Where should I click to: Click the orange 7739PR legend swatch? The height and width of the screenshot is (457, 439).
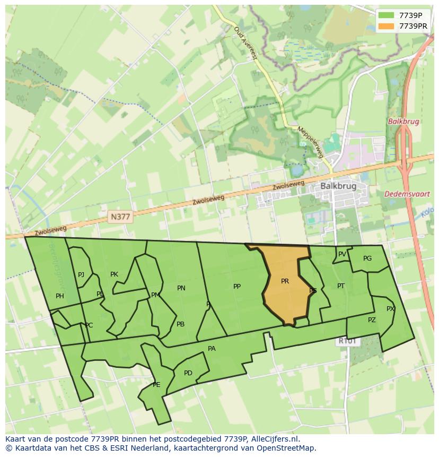point(385,25)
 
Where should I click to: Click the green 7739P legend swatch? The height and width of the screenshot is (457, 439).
point(385,15)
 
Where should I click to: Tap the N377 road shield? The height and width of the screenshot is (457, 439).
point(120,217)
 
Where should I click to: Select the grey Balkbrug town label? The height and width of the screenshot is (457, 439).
point(338,186)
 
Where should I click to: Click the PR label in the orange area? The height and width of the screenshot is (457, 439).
point(285,281)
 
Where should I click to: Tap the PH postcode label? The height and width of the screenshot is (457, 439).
point(60,296)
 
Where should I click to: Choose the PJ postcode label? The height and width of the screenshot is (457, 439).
point(81,275)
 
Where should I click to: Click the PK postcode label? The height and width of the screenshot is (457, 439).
point(114,274)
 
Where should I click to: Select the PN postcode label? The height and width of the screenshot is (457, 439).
point(181,288)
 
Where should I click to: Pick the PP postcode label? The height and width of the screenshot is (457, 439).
point(237,287)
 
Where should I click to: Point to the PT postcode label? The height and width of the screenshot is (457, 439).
point(341,286)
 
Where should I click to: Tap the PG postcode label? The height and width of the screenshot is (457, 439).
point(367,258)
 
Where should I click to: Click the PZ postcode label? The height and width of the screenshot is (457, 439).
point(372,320)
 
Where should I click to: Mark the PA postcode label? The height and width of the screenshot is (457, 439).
point(212,349)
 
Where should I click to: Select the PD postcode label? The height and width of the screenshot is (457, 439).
point(188,373)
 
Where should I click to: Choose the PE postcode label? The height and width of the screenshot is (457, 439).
point(156,385)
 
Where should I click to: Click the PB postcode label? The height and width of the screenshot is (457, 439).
point(180,324)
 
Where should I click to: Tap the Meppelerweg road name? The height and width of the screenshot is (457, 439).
point(310,142)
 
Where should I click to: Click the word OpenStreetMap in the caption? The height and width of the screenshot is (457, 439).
point(288,448)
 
